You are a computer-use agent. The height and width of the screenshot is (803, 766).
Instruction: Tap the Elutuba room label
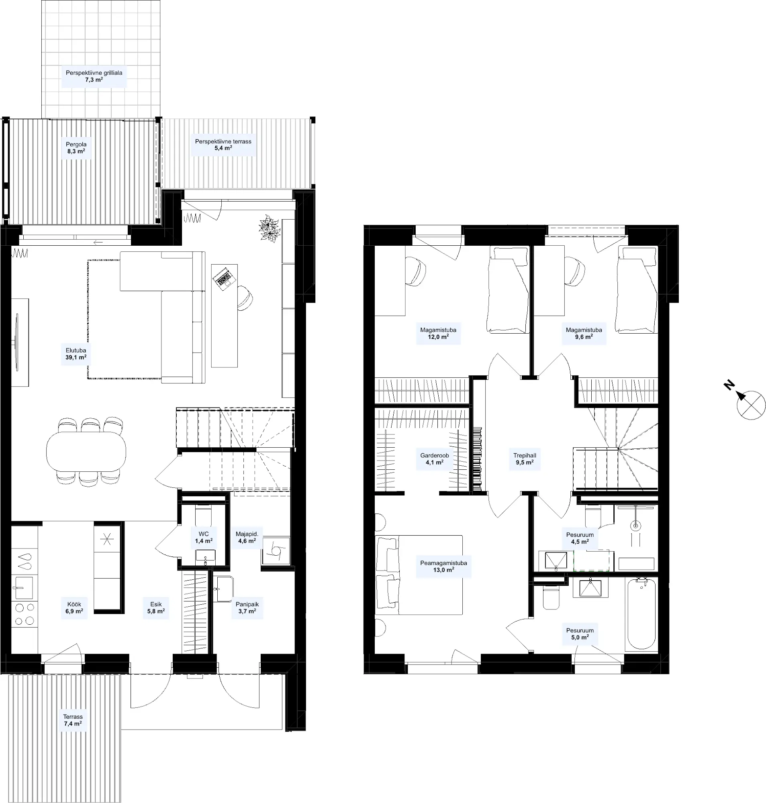pyautogui.click(x=76, y=350)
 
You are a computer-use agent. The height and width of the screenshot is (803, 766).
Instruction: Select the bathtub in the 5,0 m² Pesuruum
pyautogui.click(x=641, y=614)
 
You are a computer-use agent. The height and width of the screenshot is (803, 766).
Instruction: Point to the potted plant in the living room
pyautogui.click(x=269, y=229)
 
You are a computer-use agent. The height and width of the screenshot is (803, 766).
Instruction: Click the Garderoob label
pyautogui.click(x=435, y=455)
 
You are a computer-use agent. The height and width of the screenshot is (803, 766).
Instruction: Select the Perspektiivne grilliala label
pyautogui.click(x=94, y=73)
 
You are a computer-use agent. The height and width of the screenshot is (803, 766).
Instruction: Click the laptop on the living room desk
pyautogui.click(x=224, y=278)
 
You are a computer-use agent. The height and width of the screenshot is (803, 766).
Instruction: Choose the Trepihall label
pyautogui.click(x=525, y=455)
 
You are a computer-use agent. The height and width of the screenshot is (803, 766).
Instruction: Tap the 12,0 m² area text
pyautogui.click(x=438, y=337)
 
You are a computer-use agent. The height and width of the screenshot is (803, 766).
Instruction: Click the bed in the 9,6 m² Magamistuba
pyautogui.click(x=637, y=289)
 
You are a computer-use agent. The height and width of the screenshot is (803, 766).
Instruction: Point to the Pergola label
pyautogui.click(x=76, y=145)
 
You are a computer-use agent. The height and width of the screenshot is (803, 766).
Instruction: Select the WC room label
pyautogui.click(x=204, y=534)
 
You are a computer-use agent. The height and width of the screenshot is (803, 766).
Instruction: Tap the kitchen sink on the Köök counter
pyautogui.click(x=24, y=588)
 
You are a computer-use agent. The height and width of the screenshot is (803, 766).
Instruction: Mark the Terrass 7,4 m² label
pyautogui.click(x=73, y=720)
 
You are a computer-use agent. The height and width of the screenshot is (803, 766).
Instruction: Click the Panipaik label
pyautogui.click(x=247, y=604)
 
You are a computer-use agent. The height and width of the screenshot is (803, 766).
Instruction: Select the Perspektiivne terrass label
pyautogui.click(x=223, y=142)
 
